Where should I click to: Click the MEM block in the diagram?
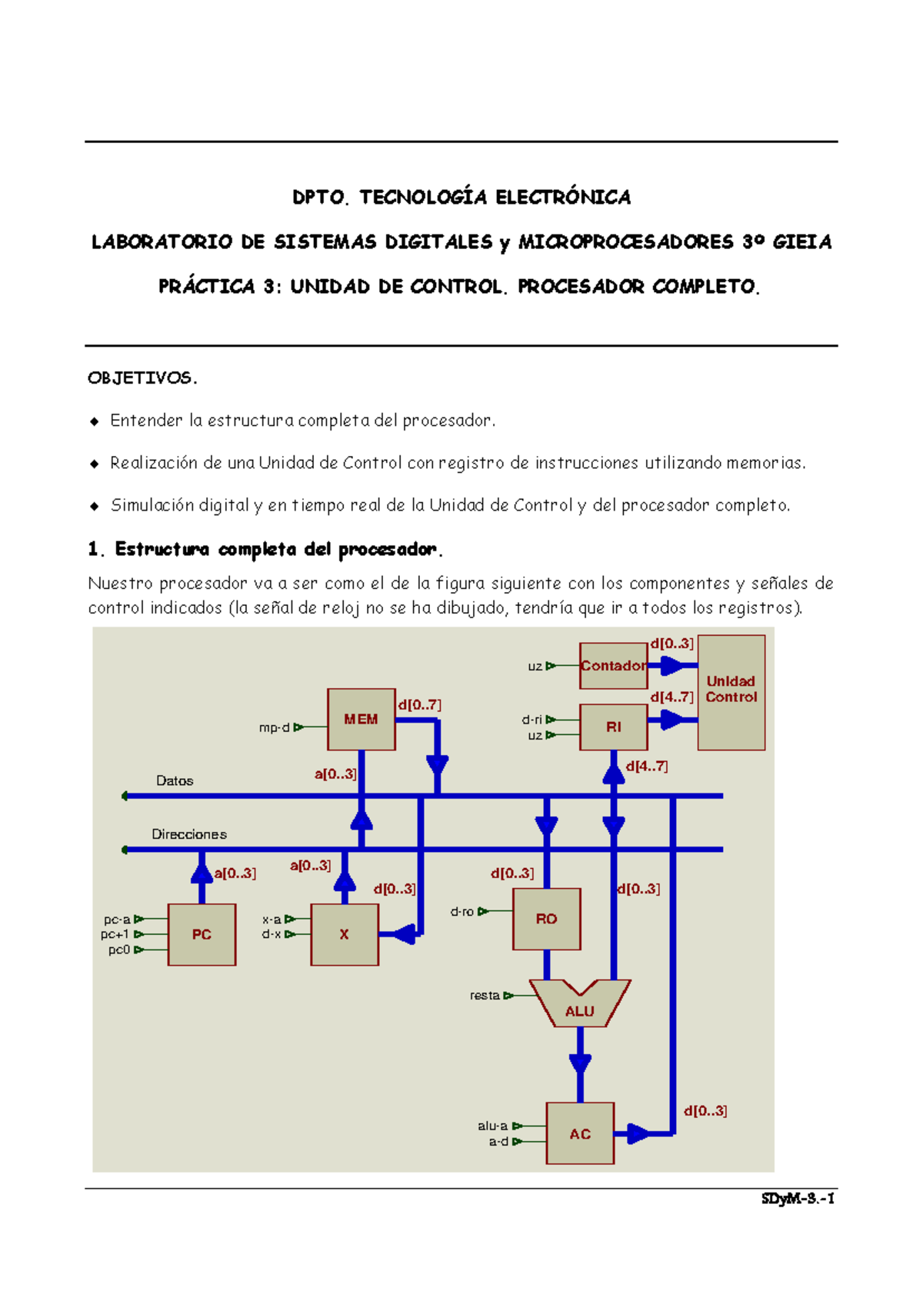361,719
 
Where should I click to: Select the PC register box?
202,934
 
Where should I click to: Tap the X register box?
344,934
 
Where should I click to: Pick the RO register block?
546,919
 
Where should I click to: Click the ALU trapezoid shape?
579,1008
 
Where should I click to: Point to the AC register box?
580,1133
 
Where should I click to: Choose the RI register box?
613,727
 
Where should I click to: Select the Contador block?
613,666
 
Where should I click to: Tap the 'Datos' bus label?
175,780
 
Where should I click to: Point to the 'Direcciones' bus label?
189,834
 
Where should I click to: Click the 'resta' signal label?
485,995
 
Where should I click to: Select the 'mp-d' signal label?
275,727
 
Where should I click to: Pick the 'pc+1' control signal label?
115,934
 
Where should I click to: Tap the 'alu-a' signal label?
492,1126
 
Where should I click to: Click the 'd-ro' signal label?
462,911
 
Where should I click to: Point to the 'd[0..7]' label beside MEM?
419,704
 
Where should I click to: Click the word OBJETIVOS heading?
142,378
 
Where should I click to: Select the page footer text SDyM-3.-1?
798,1198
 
